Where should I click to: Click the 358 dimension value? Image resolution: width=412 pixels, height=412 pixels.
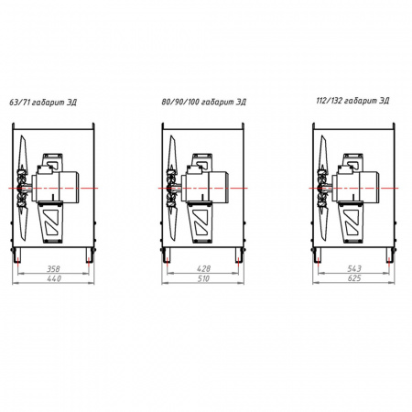53,269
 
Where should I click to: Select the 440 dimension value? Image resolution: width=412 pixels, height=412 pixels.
54,278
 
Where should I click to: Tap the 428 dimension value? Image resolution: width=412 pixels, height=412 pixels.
203,268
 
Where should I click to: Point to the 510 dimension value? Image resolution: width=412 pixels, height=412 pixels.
203,278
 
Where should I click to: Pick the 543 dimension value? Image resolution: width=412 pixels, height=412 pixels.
354,268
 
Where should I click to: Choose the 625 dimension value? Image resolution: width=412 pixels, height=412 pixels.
354,278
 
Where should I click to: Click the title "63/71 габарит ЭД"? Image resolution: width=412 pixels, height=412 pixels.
43,103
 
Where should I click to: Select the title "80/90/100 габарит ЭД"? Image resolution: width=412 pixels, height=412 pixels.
203,102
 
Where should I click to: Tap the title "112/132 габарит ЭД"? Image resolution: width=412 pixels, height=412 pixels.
352,101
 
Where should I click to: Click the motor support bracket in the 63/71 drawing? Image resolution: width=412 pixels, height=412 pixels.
50,222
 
